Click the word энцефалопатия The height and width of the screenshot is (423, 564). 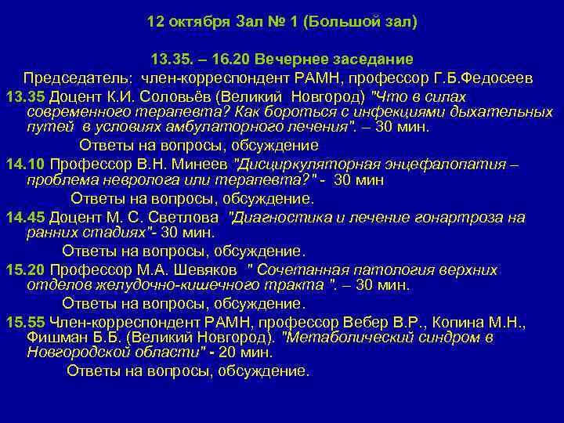pyautogui.click(x=454, y=164)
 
